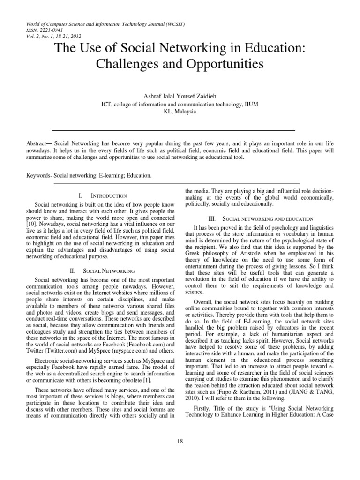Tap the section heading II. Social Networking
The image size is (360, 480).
(x=102, y=271)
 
